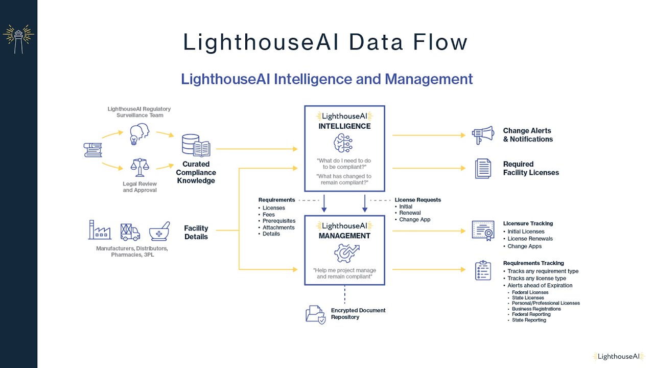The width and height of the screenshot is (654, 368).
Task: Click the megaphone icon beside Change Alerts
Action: pos(483,135)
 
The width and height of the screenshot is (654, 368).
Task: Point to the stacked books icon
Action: pos(92,150)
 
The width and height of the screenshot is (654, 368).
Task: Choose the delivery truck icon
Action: pos(130,232)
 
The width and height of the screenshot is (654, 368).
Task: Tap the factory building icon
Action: pos(100,230)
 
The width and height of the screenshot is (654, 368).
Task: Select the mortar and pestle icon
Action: pos(159,232)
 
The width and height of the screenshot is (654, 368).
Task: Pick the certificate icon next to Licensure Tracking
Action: pos(483,231)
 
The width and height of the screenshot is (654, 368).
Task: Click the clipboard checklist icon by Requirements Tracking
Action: pos(483,270)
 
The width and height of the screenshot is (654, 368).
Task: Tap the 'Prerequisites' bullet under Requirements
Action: pos(278,221)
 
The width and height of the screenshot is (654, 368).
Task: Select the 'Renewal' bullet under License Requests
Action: pos(410,213)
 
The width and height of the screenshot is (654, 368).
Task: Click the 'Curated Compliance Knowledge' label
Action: pos(196,172)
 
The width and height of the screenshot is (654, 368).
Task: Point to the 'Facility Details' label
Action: pos(196,233)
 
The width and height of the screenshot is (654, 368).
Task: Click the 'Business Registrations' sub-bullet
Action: pos(536,309)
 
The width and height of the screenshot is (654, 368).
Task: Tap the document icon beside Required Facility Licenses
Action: pos(483,168)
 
